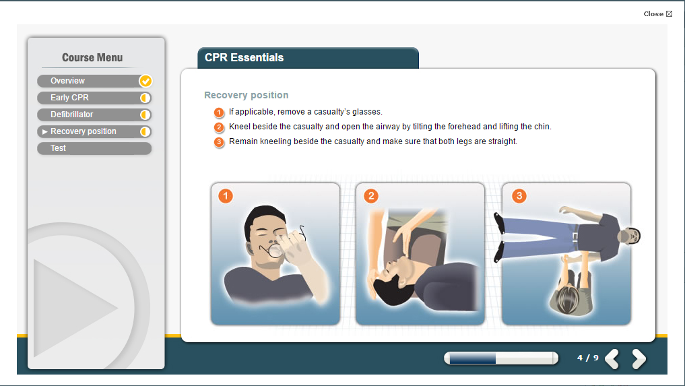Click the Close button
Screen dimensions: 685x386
click(657, 14)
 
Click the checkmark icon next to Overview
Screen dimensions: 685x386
click(145, 81)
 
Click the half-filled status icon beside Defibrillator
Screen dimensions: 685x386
click(145, 115)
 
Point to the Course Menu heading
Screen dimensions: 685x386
click(92, 58)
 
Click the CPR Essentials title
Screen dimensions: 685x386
click(244, 58)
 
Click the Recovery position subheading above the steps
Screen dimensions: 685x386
click(247, 95)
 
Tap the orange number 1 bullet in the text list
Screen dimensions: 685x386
click(219, 112)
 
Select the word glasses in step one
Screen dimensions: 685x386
click(367, 112)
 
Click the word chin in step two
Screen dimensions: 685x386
click(543, 127)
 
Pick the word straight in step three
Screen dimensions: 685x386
click(503, 141)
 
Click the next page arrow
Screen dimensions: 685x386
click(639, 359)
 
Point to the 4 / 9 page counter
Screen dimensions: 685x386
click(587, 358)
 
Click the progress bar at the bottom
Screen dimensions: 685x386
click(501, 358)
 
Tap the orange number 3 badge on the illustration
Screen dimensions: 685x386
click(519, 196)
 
